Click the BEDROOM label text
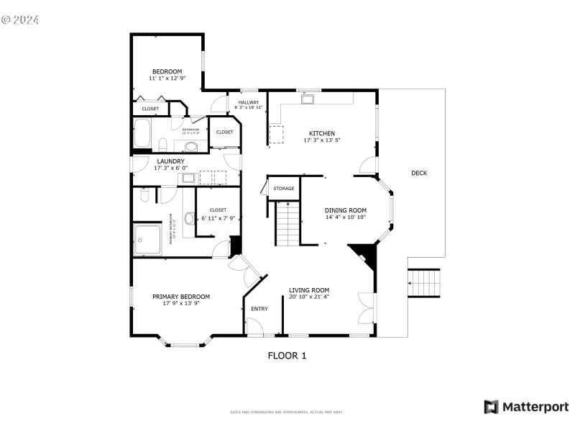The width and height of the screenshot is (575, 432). (x=167, y=71)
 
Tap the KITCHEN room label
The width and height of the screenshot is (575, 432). (x=321, y=133)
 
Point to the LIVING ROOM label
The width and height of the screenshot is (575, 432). (x=309, y=290)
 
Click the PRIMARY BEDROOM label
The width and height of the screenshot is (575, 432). (x=180, y=297)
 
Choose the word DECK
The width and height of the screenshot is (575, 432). (x=419, y=173)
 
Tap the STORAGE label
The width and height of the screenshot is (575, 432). (x=283, y=189)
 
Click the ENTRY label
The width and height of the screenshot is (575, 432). (x=259, y=309)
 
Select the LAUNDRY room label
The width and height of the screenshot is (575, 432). (x=170, y=161)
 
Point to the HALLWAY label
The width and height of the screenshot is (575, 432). (x=249, y=102)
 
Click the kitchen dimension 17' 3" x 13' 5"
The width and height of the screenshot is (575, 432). (x=321, y=140)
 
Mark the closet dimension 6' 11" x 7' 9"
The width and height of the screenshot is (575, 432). (x=218, y=217)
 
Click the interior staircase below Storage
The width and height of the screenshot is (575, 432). (x=286, y=222)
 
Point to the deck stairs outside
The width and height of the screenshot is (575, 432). (x=424, y=282)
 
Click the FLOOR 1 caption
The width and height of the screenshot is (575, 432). (x=287, y=355)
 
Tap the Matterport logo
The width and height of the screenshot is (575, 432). (x=525, y=407)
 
